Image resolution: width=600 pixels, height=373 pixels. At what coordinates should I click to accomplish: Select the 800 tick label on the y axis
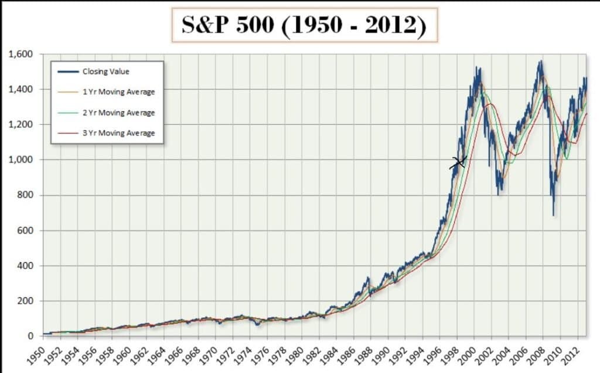point(25,195)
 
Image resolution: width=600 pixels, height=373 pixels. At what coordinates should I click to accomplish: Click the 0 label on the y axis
point(33,336)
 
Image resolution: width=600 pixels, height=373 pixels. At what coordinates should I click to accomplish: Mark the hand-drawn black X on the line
point(458,162)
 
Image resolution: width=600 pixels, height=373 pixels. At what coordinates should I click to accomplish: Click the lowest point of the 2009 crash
point(553,215)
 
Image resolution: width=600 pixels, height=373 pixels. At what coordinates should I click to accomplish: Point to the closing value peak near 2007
point(540,61)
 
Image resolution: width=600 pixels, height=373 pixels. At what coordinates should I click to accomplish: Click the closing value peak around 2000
point(478,67)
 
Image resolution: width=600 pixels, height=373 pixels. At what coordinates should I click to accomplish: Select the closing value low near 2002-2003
point(499,194)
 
